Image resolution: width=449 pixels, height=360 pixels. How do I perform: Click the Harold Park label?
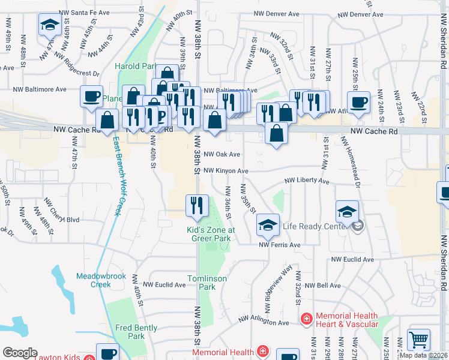pyautogui.click(x=136, y=66)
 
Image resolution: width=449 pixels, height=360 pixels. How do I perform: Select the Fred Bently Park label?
pyautogui.click(x=136, y=332)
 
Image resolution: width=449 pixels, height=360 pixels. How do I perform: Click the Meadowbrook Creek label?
pyautogui.click(x=93, y=280)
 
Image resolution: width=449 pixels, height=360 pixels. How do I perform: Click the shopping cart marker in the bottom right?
pyautogui.click(x=418, y=340)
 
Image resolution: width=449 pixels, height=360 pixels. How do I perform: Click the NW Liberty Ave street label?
pyautogui.click(x=307, y=180)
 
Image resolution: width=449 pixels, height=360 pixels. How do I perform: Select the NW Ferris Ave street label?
pyautogui.click(x=279, y=245)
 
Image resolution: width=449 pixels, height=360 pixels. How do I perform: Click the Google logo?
pyautogui.click(x=20, y=352)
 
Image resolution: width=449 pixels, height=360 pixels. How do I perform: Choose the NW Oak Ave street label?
pyautogui.click(x=221, y=154)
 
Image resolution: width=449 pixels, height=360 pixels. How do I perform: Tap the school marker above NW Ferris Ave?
pyautogui.click(x=268, y=225)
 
